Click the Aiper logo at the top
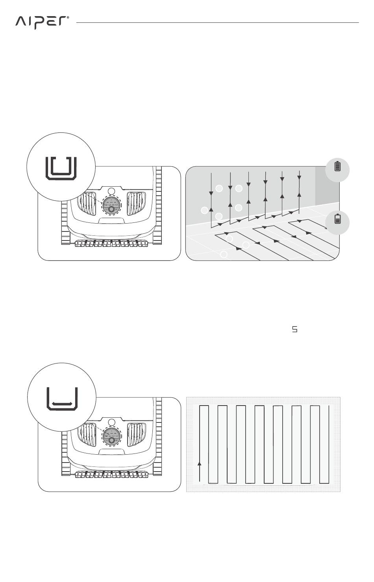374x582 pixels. point(41,22)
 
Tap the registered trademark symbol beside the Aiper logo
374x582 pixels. point(68,18)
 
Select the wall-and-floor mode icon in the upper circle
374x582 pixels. point(60,168)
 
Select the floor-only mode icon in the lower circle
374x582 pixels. point(62,398)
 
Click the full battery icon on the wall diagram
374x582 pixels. point(337,167)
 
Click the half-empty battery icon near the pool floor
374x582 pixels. point(337,219)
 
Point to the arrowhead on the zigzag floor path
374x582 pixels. point(200,464)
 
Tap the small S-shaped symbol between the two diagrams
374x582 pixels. point(294,330)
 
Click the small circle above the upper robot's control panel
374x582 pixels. point(111,191)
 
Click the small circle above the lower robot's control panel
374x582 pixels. point(111,422)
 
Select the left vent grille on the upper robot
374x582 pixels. point(87,204)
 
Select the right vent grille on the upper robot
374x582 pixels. point(135,204)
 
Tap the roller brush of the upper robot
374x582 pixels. point(111,244)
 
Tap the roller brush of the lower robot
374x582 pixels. point(111,474)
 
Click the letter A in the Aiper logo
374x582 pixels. point(21,22)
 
